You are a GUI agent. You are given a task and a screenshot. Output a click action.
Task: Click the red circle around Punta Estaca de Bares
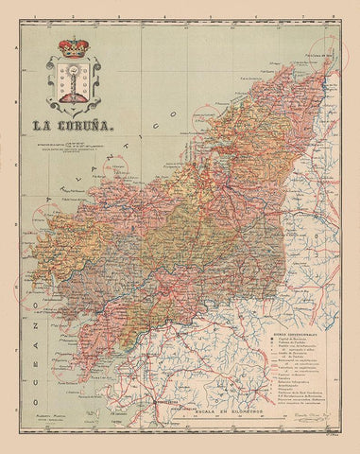(x=331, y=52)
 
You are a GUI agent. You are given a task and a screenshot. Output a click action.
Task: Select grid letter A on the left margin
(x=20, y=53)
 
